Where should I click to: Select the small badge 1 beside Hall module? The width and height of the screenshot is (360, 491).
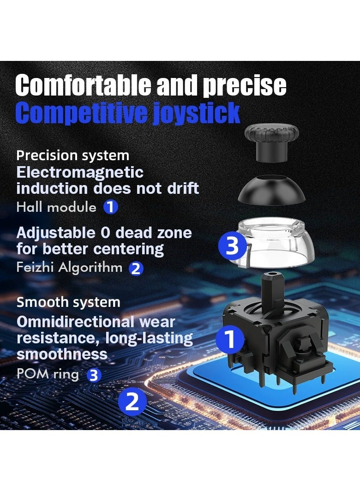click(x=110, y=207)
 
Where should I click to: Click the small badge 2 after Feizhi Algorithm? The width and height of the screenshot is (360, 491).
click(x=136, y=268)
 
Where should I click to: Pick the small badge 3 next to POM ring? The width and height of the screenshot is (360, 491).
click(x=94, y=375)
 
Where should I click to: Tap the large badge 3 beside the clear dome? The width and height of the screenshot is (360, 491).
click(x=232, y=246)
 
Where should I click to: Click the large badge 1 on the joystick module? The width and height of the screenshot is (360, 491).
click(x=229, y=340)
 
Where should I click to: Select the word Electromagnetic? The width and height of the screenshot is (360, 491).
click(x=80, y=173)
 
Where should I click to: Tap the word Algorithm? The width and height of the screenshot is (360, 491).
click(x=95, y=267)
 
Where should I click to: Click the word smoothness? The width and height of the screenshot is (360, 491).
click(x=62, y=354)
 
